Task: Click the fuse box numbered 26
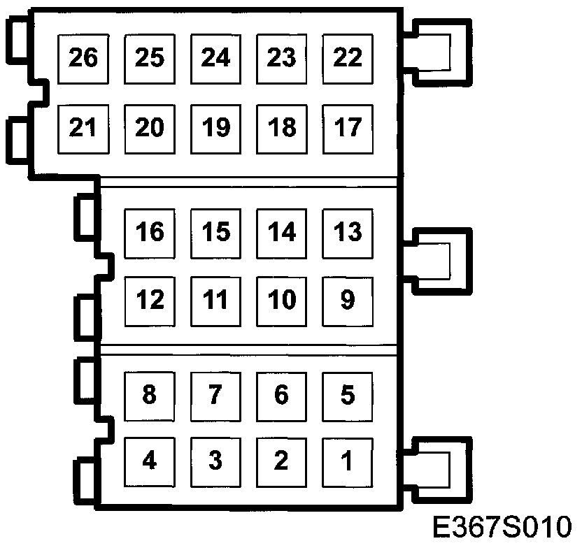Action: pos(83,58)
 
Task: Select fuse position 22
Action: pos(348,58)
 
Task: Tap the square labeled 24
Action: pos(215,58)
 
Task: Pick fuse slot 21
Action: pos(83,128)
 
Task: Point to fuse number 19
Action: pos(215,128)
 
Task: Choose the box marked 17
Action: pos(348,128)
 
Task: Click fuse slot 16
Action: pos(150,232)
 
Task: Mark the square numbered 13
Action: pos(348,232)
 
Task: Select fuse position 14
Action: pos(282,232)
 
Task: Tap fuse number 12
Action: pos(150,301)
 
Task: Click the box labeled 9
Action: pos(348,301)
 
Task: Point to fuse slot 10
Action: pos(282,301)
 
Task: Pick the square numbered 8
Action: pos(150,396)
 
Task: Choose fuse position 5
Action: pos(348,396)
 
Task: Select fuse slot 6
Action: pos(282,396)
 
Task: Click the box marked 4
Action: pos(150,461)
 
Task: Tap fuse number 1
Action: pos(348,461)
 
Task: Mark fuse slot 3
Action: pos(215,461)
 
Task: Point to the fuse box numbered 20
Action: pos(150,128)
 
